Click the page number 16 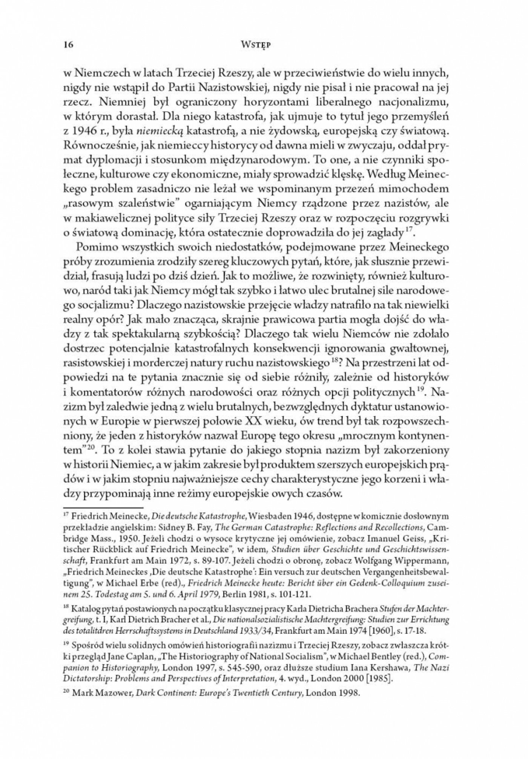pyautogui.click(x=68, y=45)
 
